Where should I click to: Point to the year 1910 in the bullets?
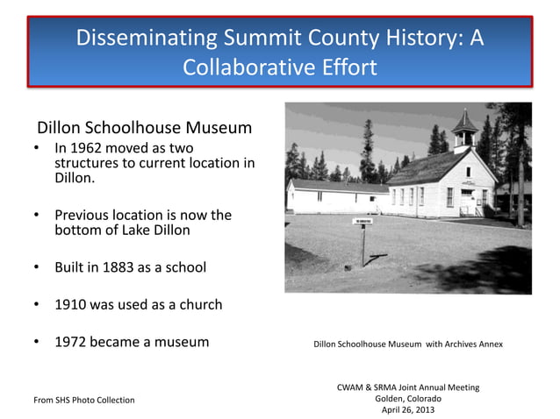(x=70, y=305)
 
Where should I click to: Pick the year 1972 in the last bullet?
(x=70, y=342)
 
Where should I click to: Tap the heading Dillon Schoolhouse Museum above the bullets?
(x=144, y=128)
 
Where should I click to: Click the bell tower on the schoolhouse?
(x=464, y=130)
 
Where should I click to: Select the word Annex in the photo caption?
(x=488, y=344)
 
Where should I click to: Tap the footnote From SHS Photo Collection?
(x=84, y=400)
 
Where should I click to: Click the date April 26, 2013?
(x=408, y=410)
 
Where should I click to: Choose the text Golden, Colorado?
(x=408, y=399)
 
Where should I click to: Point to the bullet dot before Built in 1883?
(x=37, y=266)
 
